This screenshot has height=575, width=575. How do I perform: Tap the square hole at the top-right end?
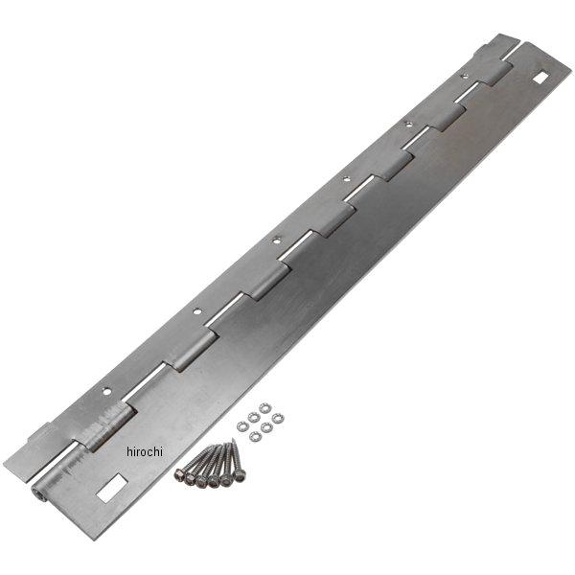pyautogui.click(x=542, y=78)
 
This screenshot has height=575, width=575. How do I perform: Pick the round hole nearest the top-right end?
pyautogui.click(x=466, y=74)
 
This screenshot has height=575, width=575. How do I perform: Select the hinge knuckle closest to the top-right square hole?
pyautogui.click(x=499, y=70)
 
